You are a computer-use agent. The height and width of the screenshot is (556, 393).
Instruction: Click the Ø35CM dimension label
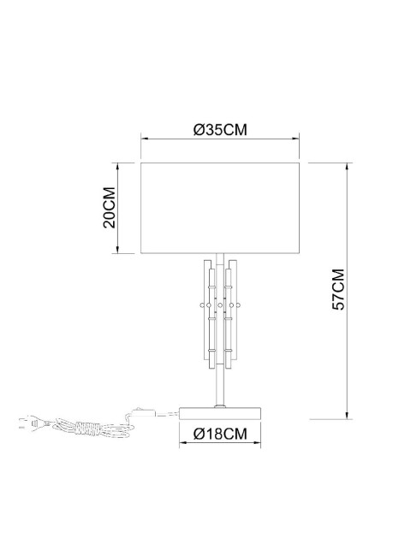point(220,130)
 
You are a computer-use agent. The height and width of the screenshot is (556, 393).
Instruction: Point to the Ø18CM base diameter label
point(220,434)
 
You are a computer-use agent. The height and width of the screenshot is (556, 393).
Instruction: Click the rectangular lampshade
point(219,206)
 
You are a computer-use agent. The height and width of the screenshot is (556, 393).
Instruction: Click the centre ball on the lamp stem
point(220,304)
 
